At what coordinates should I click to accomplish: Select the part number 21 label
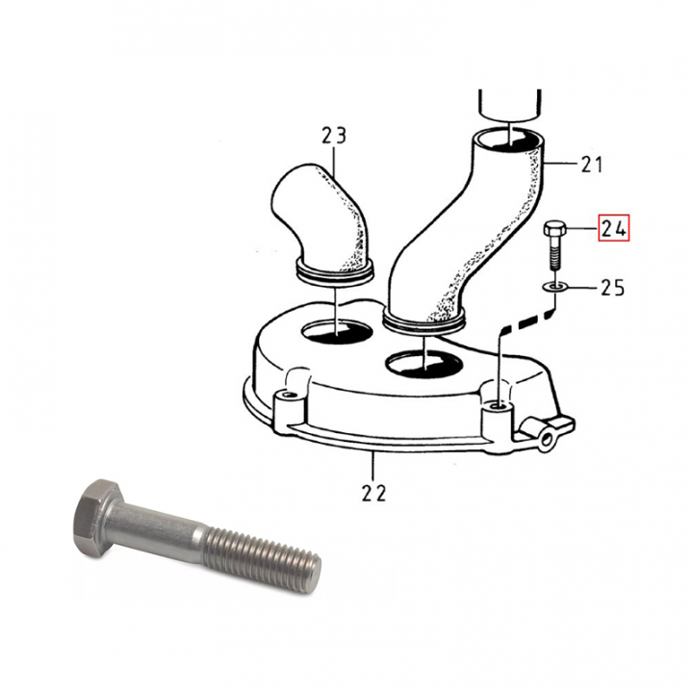tap(591, 165)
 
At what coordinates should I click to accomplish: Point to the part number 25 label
tap(613, 287)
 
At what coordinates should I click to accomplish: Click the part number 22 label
tap(372, 493)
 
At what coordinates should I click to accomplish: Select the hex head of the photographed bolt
tap(96, 507)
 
